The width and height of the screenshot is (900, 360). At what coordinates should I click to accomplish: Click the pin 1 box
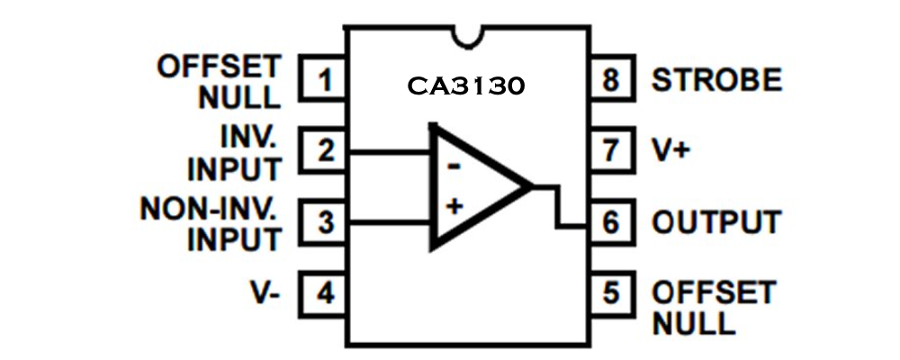tap(324, 81)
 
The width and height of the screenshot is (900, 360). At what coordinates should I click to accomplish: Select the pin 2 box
tap(324, 150)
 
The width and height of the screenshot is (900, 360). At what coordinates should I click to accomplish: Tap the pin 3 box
tap(324, 221)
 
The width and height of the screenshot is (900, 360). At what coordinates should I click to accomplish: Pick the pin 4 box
tap(324, 292)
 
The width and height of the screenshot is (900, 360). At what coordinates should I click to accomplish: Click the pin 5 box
tap(612, 292)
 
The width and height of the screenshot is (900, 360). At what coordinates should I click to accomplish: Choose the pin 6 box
tap(612, 221)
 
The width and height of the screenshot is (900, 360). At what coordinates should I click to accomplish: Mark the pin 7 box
tap(612, 150)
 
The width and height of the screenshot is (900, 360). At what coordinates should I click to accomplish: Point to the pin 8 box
tap(612, 81)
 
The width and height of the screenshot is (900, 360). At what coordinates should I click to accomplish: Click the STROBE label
tap(716, 81)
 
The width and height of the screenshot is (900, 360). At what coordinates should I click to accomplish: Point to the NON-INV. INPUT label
tap(210, 223)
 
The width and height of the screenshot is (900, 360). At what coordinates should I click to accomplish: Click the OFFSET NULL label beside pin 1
tap(219, 81)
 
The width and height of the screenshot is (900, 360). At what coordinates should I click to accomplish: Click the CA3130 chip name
tap(465, 87)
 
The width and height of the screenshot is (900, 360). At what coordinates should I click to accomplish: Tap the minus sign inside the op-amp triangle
tap(454, 166)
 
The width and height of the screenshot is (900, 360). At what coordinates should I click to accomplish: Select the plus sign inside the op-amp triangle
tap(454, 206)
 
